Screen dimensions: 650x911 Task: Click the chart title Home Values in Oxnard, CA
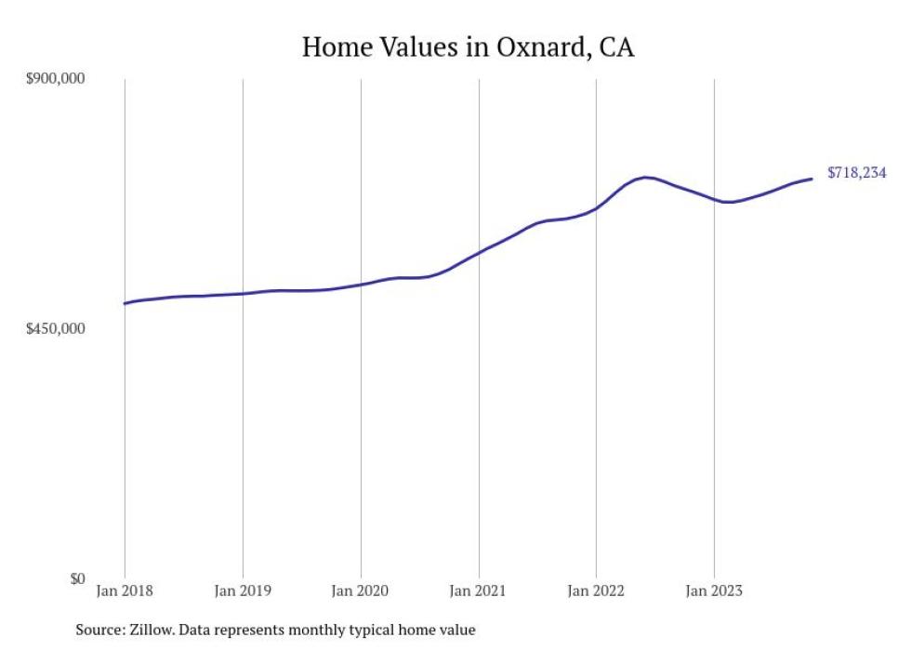pos(468,47)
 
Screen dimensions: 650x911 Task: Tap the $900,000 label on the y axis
pos(55,79)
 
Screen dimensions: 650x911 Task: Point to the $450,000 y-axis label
pos(55,329)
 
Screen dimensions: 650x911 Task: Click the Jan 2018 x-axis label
pos(125,590)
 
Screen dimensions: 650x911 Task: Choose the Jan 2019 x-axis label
pos(243,590)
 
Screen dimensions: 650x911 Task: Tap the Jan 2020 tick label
pos(361,590)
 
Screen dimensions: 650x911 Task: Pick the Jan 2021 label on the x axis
pos(479,590)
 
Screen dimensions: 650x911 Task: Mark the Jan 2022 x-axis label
pos(596,590)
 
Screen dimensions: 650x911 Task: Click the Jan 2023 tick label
pos(714,590)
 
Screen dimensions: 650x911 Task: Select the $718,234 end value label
pos(856,173)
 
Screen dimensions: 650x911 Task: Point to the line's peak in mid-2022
pos(644,177)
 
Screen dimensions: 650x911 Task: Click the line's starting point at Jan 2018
pos(125,303)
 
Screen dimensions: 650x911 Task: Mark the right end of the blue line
pos(812,179)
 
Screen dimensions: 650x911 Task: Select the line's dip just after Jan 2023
pos(730,202)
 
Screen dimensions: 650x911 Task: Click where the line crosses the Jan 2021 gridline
pos(479,252)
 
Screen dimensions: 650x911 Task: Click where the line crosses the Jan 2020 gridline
pos(361,284)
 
